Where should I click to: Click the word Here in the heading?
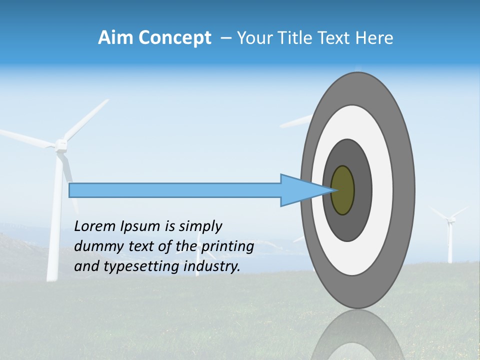pos(374,38)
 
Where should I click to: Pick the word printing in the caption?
pos(228,247)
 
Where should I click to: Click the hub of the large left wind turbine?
pos(61,144)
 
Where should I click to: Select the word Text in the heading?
pos(335,38)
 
